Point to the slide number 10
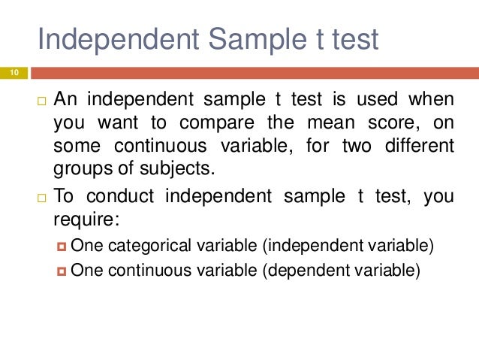coord(14,72)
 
